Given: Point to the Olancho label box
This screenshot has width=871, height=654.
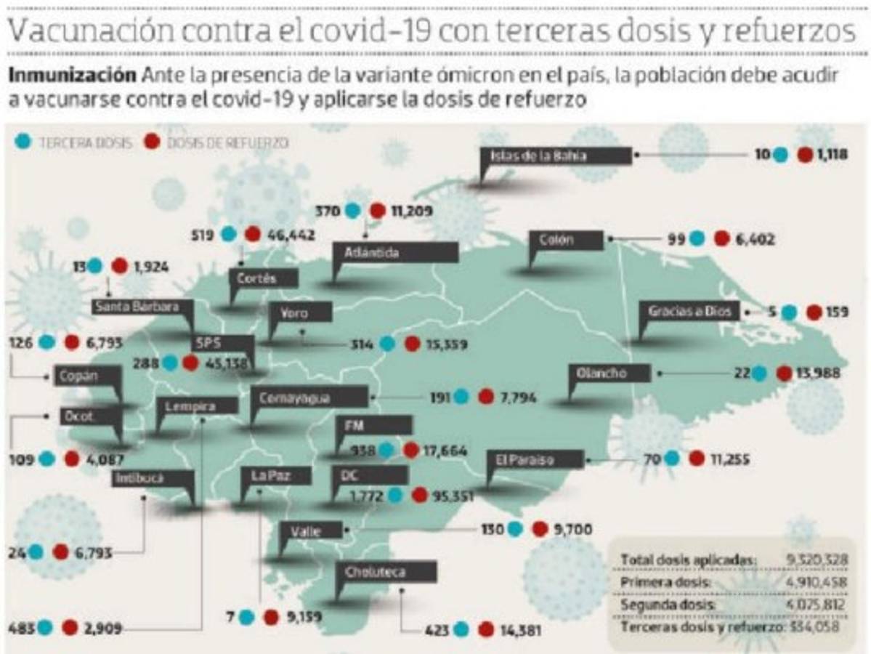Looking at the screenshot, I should point(601,374).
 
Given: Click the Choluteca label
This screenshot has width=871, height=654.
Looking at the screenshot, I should point(386,572).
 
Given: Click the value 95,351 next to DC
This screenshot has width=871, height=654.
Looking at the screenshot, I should point(453,496).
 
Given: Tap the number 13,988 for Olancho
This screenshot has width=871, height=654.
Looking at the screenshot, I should point(819,374).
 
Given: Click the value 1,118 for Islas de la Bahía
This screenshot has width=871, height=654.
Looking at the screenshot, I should point(830,154).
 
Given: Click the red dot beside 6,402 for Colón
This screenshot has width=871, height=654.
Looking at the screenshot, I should point(721,238).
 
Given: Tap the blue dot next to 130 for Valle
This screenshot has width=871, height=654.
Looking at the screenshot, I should point(515,530).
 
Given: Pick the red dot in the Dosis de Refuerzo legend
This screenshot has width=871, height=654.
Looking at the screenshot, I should point(152,142).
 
